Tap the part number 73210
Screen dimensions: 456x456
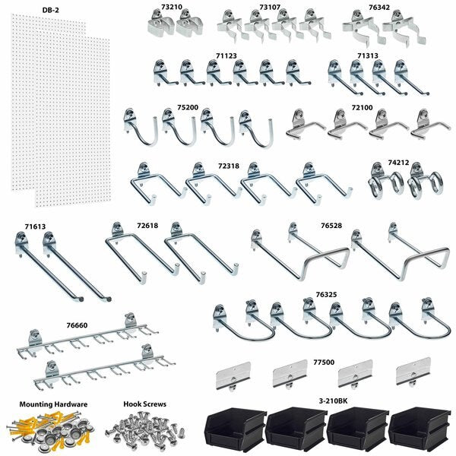[x=173, y=8]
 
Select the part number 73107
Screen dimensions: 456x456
[x=270, y=8]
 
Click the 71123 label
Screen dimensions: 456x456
[x=226, y=55]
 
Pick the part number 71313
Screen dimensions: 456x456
[x=369, y=55]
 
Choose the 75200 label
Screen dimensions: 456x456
[x=188, y=108]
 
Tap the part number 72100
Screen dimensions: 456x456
[x=362, y=109]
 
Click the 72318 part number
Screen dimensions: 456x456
[x=229, y=164]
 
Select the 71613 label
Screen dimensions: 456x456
[x=34, y=226]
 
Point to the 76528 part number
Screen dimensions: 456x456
[x=331, y=226]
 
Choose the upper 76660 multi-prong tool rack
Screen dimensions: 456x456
[x=87, y=334]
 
